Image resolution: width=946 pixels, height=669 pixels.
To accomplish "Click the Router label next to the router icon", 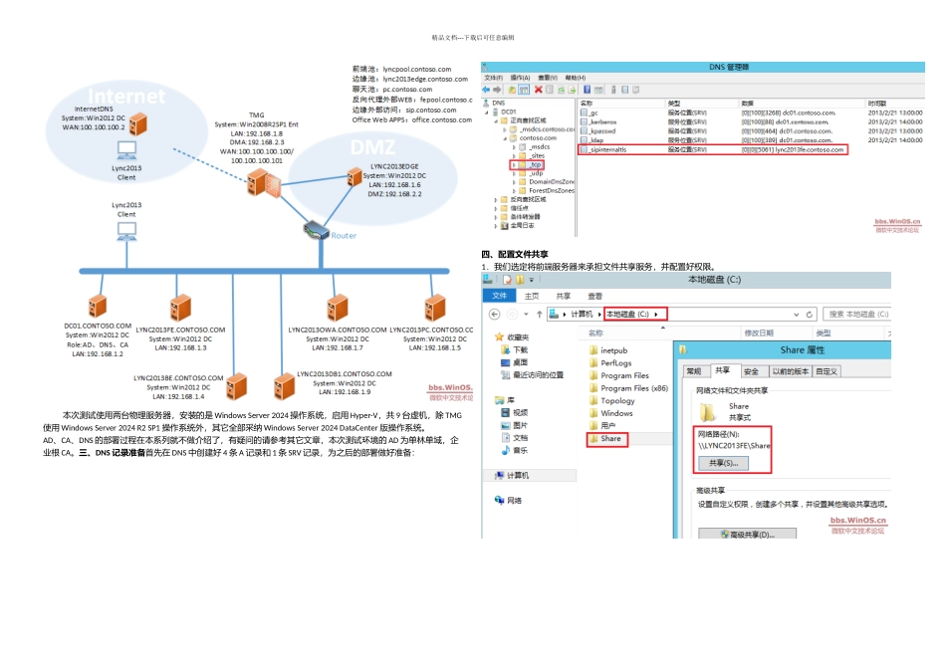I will pos(344,236).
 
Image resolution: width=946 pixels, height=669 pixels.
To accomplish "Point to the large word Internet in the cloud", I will pos(127,97).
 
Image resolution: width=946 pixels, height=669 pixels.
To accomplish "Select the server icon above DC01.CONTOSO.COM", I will pos(97,306).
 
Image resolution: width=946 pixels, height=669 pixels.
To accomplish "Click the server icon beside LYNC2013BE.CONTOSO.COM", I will pos(236,385).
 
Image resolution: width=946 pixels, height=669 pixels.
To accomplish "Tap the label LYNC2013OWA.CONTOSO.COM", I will pos(337,330).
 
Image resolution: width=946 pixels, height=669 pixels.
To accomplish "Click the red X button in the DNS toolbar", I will pos(539,89).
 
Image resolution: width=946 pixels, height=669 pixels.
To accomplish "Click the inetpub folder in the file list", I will pos(613,350).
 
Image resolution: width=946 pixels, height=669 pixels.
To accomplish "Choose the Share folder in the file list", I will pos(609,438).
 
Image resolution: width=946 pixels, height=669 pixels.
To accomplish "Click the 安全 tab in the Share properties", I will pos(751,371).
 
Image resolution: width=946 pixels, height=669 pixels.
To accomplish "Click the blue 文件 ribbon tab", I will pos(499,296).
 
